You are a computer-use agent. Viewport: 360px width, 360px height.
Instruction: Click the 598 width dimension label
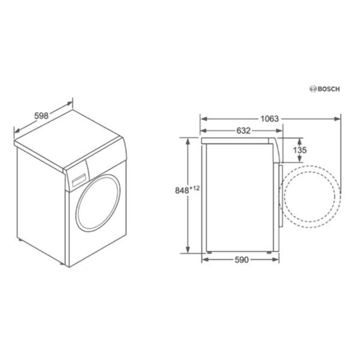[x=41, y=116]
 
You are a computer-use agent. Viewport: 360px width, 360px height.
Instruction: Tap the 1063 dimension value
[x=270, y=119]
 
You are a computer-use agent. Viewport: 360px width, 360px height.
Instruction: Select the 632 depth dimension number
[x=243, y=130]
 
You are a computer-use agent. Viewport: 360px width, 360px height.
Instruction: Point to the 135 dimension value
[x=300, y=150]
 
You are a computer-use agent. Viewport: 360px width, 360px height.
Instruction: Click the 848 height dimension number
[x=182, y=190]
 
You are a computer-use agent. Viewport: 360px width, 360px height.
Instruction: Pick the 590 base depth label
[x=242, y=260]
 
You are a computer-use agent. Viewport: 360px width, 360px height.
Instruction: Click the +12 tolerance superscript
[x=195, y=188]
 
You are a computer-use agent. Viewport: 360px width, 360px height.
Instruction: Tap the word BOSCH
[x=328, y=89]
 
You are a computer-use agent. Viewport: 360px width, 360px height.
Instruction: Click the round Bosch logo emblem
[x=313, y=89]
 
